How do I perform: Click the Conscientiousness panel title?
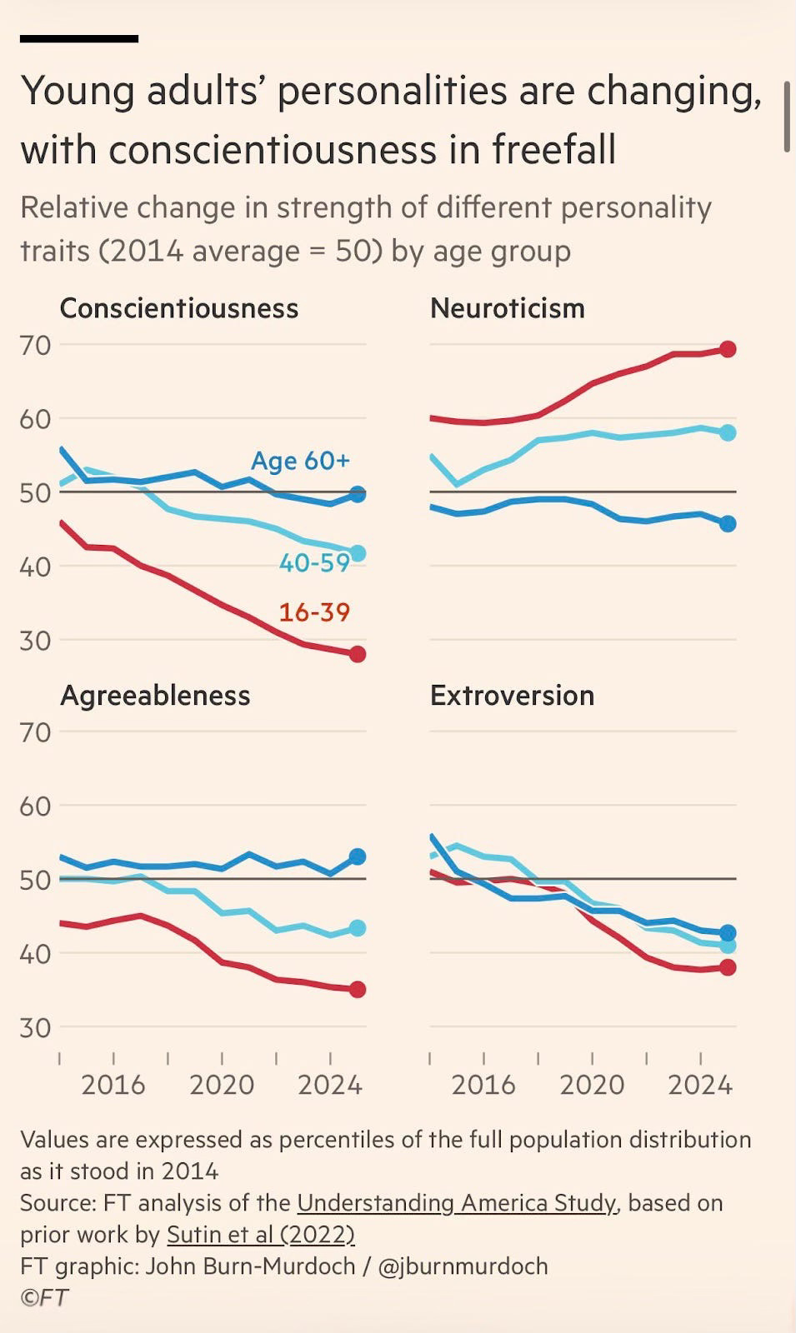pos(178,308)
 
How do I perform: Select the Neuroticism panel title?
pos(507,308)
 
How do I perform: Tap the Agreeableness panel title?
pos(155,695)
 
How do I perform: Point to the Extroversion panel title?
pos(512,695)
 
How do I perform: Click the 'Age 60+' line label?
pos(300,461)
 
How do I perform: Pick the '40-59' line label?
pos(314,563)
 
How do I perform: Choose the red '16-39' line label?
pos(314,612)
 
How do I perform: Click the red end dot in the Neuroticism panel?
pos(728,349)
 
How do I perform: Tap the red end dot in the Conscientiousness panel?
pos(358,654)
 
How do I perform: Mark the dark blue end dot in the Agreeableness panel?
pos(358,856)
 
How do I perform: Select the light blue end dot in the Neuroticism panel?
pos(728,432)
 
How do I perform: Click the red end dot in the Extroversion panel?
pos(728,967)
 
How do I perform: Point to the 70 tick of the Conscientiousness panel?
pos(35,345)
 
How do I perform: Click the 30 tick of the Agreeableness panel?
pos(35,1027)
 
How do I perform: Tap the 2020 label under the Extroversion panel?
pos(592,1085)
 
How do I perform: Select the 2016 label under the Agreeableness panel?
pos(113,1085)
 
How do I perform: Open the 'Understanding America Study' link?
pos(457,1203)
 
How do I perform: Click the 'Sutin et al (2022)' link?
pos(261,1234)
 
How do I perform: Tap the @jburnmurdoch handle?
pos(463,1266)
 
